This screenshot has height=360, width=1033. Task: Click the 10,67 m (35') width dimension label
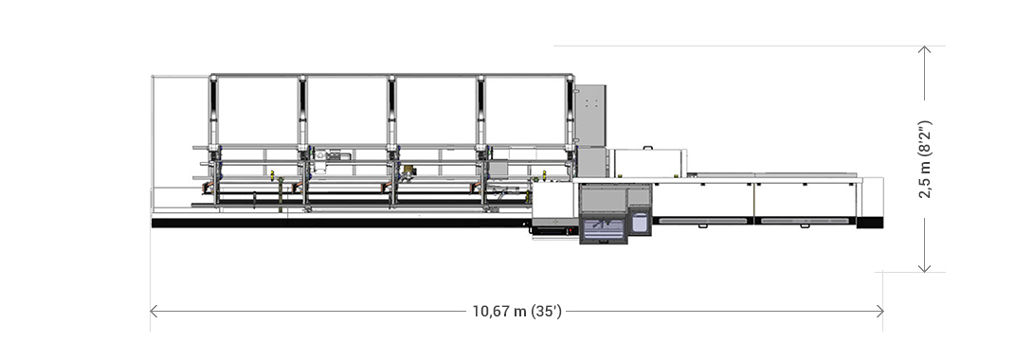click(517, 312)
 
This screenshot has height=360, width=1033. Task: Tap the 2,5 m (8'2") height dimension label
click(925, 159)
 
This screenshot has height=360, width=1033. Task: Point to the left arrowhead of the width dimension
click(154, 312)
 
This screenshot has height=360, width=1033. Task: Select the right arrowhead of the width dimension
click(879, 312)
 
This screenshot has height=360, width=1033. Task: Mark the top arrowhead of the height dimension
click(925, 50)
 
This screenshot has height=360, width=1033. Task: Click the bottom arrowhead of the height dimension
click(925, 267)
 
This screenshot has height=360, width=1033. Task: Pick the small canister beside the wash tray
click(639, 220)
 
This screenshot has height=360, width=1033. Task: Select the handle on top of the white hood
click(649, 148)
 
